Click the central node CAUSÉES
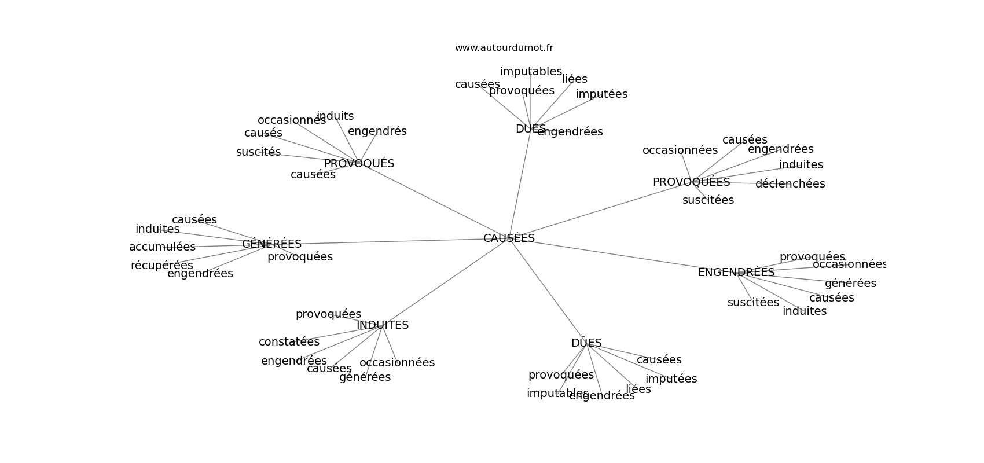tap(509, 238)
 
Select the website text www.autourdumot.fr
tap(504, 48)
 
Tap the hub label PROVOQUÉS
tap(359, 164)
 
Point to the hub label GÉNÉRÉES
tap(271, 244)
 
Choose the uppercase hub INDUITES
tap(383, 325)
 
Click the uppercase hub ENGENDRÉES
tap(736, 273)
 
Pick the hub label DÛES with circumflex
tap(586, 343)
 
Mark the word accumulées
tap(162, 247)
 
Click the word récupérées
tap(161, 266)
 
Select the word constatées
tap(289, 342)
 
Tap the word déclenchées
tap(790, 184)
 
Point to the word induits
tap(335, 116)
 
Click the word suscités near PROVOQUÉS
tap(258, 152)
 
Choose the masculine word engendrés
tap(377, 131)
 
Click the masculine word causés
tap(263, 133)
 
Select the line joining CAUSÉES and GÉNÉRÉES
tap(394, 241)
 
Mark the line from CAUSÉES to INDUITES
tap(446, 282)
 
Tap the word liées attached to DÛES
tap(638, 389)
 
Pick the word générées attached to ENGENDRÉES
tap(850, 284)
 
